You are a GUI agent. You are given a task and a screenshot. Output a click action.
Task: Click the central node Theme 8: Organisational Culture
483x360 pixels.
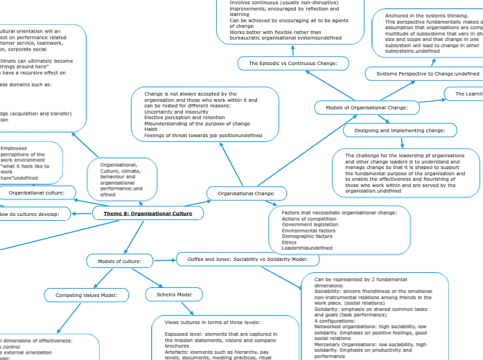148,214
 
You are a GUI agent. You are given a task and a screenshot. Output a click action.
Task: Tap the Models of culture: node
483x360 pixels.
119,261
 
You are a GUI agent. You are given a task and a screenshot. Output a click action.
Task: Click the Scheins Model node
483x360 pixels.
173,295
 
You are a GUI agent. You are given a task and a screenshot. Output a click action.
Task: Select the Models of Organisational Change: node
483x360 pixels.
367,108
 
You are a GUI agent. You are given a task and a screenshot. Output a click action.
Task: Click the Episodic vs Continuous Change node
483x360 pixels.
292,64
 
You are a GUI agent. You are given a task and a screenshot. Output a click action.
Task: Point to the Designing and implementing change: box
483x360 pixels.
400,130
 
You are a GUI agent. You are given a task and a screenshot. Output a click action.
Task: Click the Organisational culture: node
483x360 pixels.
37,192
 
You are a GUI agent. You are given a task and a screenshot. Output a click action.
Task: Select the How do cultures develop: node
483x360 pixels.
35,215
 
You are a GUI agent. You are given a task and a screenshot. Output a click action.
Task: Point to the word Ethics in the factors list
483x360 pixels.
290,242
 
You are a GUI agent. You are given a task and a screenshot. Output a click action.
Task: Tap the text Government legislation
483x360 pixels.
310,224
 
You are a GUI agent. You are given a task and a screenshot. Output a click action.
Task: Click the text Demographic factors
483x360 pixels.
307,236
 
